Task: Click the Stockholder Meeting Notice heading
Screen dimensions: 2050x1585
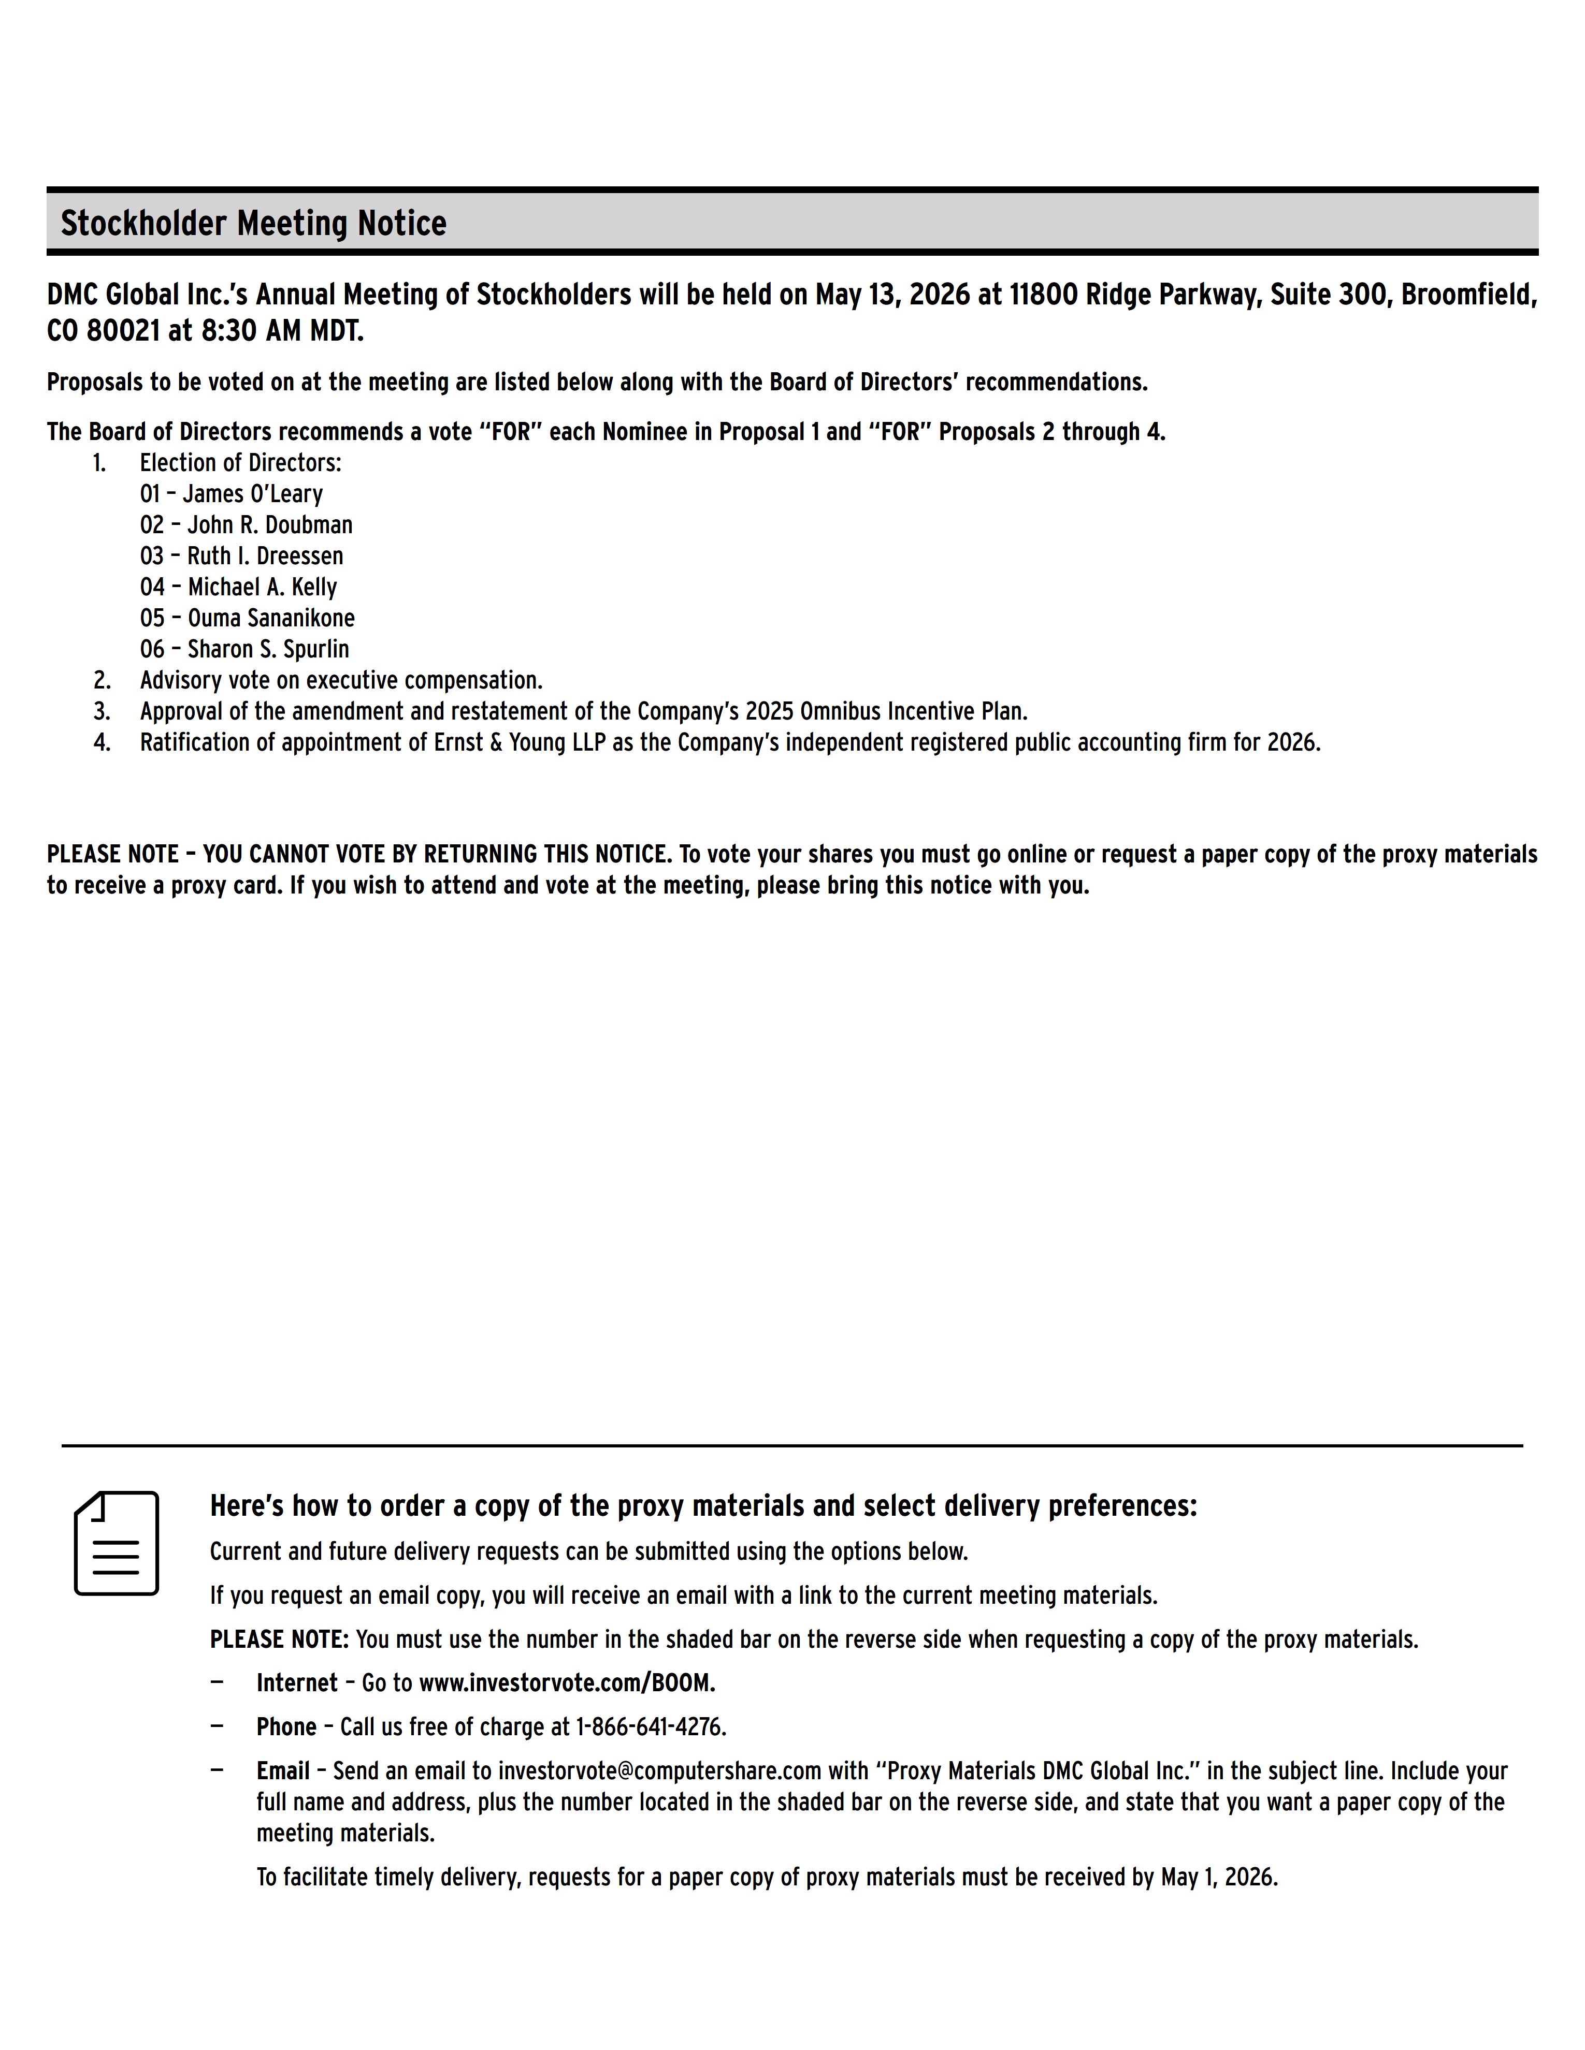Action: [253, 224]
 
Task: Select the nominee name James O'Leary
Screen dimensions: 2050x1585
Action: [253, 494]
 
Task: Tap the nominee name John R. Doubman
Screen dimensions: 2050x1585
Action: [269, 525]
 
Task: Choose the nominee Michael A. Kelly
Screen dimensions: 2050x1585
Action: [262, 587]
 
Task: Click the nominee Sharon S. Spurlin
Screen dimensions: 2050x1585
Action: [268, 649]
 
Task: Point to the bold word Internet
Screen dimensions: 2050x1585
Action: [297, 1683]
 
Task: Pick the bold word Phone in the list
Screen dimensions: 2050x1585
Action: [286, 1727]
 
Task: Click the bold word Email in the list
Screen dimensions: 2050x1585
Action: [283, 1771]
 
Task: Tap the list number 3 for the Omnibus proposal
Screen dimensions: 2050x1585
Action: [102, 711]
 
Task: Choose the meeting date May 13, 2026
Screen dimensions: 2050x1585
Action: [892, 295]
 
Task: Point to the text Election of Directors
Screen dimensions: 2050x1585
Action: [240, 463]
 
